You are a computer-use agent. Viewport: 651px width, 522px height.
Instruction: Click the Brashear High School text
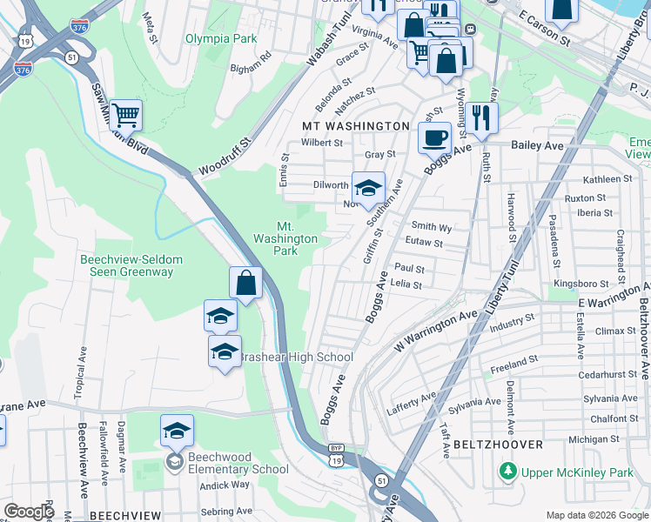tap(296, 357)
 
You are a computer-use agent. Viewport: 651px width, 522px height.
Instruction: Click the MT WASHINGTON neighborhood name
tap(354, 126)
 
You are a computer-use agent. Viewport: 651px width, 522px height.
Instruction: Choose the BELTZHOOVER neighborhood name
tap(498, 444)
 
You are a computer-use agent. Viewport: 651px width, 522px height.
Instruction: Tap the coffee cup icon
tap(434, 136)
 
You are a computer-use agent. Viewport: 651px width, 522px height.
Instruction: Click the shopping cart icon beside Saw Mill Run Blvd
tap(126, 113)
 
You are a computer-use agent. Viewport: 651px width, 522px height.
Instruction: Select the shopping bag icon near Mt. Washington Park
tap(246, 282)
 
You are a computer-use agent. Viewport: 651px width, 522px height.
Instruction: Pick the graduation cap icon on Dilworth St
tap(368, 186)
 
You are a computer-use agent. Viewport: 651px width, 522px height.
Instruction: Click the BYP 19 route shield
tap(336, 455)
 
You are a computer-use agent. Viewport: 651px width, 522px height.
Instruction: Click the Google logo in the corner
tap(29, 512)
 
